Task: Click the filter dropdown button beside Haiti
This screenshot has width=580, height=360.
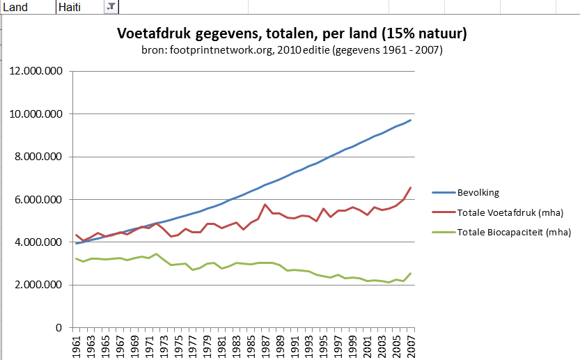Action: pos(111,6)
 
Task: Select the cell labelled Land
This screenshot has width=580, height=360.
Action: pos(17,6)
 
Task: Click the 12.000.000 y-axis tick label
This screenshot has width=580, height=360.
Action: pos(39,72)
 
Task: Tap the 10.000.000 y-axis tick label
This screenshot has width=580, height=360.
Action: pos(39,114)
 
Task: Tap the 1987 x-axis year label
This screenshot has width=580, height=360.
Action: pos(265,345)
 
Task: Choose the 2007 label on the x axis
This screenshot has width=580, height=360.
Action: pos(411,345)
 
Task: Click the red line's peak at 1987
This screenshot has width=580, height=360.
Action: pos(265,205)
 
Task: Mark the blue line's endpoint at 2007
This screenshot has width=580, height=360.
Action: pos(411,120)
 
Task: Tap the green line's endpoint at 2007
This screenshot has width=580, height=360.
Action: pos(411,273)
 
